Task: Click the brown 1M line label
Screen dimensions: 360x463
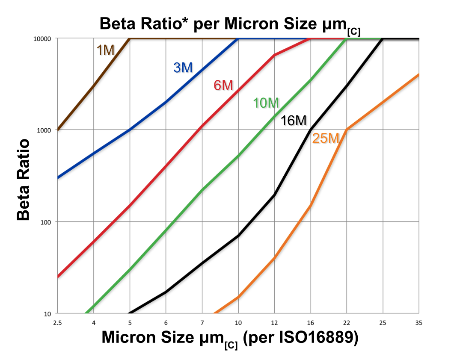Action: (x=106, y=50)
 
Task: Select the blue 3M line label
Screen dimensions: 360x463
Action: (x=183, y=68)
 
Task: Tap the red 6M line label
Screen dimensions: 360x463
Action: (x=223, y=85)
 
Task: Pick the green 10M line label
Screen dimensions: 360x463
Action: (x=266, y=103)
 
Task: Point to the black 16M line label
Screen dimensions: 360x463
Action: (x=294, y=121)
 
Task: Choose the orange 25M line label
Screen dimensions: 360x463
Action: (x=326, y=139)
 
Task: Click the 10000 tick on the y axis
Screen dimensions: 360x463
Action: (x=42, y=38)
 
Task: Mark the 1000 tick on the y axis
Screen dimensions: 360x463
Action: (x=44, y=130)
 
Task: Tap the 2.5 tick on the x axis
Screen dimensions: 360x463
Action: (x=58, y=323)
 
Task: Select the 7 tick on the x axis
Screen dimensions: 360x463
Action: (x=202, y=323)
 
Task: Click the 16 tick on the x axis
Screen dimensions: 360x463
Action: (x=310, y=323)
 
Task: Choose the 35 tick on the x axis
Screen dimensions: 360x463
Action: (x=418, y=323)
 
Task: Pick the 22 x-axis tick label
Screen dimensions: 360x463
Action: (x=346, y=323)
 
